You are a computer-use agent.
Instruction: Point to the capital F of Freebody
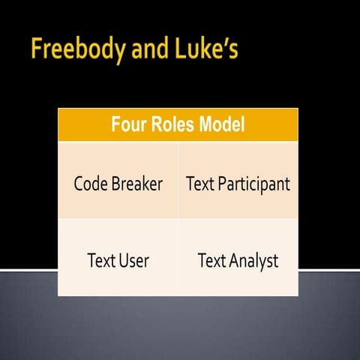37,51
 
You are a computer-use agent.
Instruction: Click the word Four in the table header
127,124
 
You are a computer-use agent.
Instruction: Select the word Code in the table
91,184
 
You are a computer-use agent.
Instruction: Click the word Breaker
136,184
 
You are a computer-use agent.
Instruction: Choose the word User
133,261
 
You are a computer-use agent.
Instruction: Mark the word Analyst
250,261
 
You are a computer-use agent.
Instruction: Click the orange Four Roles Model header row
178,124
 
